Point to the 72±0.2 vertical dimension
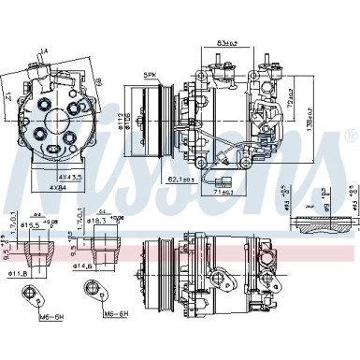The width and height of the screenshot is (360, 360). coord(294,94)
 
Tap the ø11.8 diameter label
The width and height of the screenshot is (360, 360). coord(36,272)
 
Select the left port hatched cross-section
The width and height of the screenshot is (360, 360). coord(36,247)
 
